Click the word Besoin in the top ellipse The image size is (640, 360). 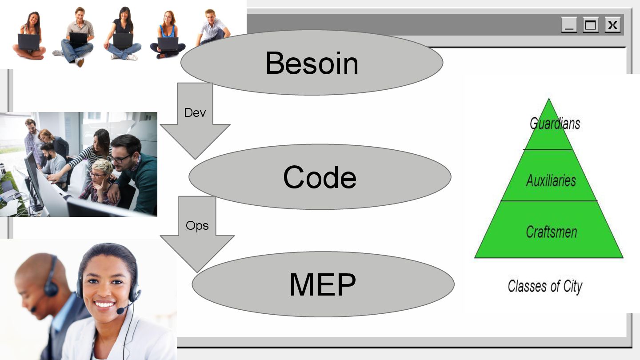click(312, 63)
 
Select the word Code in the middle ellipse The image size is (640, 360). click(320, 177)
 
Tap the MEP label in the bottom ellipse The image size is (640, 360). click(322, 284)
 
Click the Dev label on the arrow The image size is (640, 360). click(195, 112)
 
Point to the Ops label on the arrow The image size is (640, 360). click(197, 226)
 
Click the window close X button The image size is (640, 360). click(612, 25)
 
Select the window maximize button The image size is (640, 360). click(591, 25)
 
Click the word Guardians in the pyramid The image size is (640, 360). click(555, 123)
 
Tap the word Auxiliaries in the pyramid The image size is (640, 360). click(551, 180)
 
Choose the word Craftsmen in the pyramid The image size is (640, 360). click(551, 232)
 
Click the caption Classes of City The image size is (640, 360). click(545, 286)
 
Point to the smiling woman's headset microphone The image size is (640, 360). click(120, 311)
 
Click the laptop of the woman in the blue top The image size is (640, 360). click(168, 43)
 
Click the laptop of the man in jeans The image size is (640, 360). click(78, 39)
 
